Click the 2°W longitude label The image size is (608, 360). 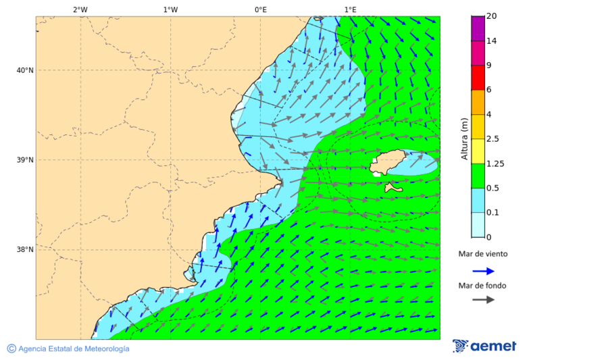(x=80, y=9)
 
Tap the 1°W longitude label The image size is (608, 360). (x=170, y=9)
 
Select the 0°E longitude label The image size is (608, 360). (x=260, y=9)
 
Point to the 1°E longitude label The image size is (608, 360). (x=350, y=9)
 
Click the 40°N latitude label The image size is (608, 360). (x=25, y=70)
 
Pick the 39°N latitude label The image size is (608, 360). (x=25, y=160)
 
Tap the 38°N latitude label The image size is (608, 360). (x=25, y=250)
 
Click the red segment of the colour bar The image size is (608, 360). (x=478, y=77)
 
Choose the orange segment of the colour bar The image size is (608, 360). (x=478, y=102)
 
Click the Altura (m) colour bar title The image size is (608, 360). (x=464, y=138)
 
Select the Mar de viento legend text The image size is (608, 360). (x=482, y=254)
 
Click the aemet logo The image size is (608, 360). (x=484, y=346)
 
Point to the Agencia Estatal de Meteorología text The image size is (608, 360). (x=74, y=349)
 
